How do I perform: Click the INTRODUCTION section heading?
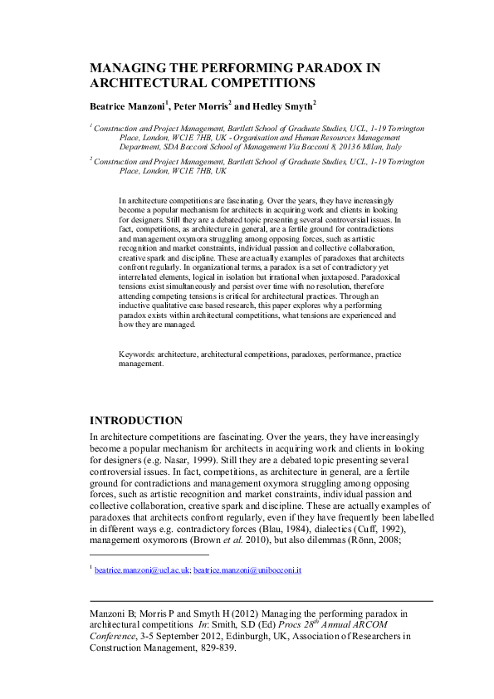click(135, 420)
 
